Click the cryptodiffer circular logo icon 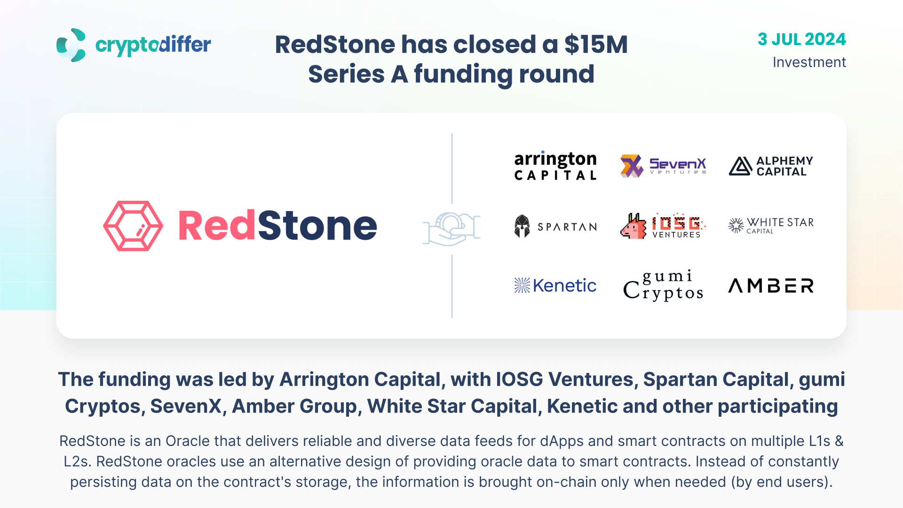coord(71,45)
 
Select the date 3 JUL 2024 coord(801,39)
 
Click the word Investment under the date coord(809,62)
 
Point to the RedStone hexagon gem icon coord(133,226)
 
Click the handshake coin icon coord(451,229)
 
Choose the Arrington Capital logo coord(555,166)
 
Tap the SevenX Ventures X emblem coord(632,166)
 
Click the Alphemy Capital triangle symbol coord(740,166)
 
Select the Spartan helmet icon coord(522,226)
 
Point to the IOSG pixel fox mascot coord(634,226)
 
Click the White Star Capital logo coord(771,226)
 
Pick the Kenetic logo coord(555,286)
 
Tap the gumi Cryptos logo coord(663,286)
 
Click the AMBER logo coord(771,286)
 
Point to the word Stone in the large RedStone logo coord(317,226)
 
